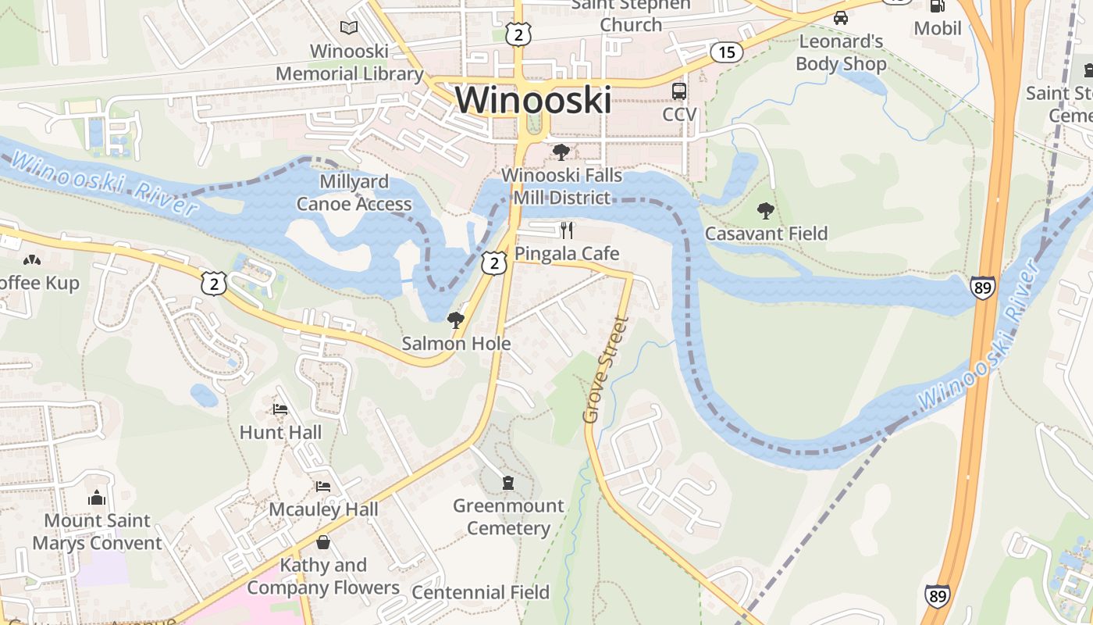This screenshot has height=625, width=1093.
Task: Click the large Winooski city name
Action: (x=533, y=101)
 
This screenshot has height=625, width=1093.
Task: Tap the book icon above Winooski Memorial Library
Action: (x=349, y=28)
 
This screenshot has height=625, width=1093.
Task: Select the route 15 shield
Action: (x=727, y=52)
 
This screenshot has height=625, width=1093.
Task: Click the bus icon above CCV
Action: (x=679, y=91)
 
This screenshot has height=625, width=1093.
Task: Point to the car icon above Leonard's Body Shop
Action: (x=841, y=18)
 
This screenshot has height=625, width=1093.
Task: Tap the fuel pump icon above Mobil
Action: (x=937, y=5)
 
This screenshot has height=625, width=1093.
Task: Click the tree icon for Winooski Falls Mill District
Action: (x=561, y=152)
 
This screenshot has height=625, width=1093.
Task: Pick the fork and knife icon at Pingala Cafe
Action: (x=568, y=230)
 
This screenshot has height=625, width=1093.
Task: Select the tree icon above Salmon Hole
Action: (x=455, y=320)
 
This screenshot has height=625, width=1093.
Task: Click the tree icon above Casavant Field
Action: (x=765, y=210)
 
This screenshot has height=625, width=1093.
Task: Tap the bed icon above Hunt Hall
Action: (x=280, y=409)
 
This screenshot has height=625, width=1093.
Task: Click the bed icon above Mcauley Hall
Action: (x=323, y=486)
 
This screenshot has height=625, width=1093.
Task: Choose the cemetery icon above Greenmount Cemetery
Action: (x=508, y=482)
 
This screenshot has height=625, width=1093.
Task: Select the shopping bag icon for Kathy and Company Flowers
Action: (x=323, y=541)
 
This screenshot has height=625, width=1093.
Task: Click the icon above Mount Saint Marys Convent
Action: (x=97, y=497)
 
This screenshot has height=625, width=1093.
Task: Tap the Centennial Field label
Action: (x=480, y=592)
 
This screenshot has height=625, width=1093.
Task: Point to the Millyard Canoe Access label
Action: (x=354, y=193)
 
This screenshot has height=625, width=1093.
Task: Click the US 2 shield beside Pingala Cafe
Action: (x=493, y=262)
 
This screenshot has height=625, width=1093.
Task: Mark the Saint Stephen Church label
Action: (x=632, y=15)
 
